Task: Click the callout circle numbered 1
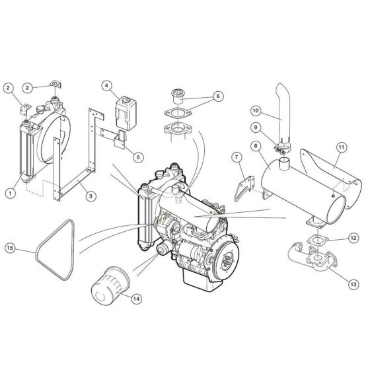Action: pos(10,193)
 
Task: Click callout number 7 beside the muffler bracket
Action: pos(235,157)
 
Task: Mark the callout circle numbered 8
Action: pos(254,145)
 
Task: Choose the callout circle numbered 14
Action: pos(135,299)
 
